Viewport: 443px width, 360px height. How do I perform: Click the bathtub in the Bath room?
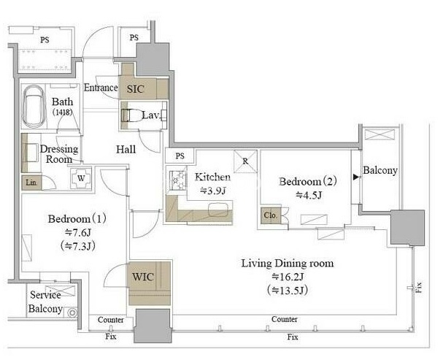tap(34, 107)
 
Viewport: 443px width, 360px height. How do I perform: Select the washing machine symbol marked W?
tap(81, 178)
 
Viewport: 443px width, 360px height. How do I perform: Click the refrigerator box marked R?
tap(245, 161)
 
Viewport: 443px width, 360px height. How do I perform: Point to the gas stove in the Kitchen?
tap(177, 180)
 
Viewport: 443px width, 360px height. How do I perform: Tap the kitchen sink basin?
tap(218, 210)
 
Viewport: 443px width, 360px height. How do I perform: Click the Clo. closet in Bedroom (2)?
tap(271, 215)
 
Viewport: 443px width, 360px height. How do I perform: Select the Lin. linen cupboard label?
tap(31, 183)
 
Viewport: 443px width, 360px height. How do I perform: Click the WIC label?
tap(143, 277)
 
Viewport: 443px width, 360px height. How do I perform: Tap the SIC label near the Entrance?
tap(135, 89)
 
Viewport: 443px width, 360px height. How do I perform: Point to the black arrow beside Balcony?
tap(356, 177)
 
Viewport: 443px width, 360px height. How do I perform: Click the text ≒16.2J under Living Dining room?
tap(288, 277)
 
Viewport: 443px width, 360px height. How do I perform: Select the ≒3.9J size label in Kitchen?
tap(212, 191)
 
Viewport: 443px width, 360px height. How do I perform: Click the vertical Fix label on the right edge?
tap(418, 287)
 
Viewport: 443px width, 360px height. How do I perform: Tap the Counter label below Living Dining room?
tap(284, 319)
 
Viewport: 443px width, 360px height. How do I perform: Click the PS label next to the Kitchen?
tap(180, 156)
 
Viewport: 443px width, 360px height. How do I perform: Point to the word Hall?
tap(126, 149)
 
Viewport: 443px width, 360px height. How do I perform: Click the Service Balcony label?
tap(45, 302)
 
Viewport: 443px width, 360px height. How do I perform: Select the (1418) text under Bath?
tap(62, 112)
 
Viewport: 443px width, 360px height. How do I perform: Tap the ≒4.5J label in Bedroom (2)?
tap(309, 195)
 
